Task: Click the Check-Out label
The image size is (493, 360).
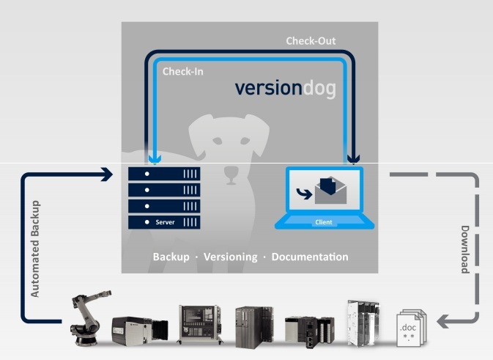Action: point(311,41)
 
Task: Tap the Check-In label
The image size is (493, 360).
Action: point(182,71)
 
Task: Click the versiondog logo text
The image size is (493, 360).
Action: point(286,88)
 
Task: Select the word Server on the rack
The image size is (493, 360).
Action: point(165,222)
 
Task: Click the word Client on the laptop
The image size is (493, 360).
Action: point(324,222)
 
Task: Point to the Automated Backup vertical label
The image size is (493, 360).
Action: point(35,249)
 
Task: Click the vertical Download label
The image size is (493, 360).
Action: point(465,249)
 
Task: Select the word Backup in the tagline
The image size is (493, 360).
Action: point(171,257)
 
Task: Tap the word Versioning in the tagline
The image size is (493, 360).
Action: point(231,257)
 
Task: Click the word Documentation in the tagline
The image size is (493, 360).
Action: point(310,257)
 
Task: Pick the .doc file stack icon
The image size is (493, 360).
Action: point(412,328)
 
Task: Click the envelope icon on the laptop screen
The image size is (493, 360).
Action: point(331,191)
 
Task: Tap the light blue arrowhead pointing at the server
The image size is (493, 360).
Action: point(155,159)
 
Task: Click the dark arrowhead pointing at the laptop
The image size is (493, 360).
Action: point(353,159)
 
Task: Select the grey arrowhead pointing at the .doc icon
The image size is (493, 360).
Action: point(442,321)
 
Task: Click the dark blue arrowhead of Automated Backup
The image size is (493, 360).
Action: point(107,175)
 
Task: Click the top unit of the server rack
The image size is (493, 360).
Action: point(164,174)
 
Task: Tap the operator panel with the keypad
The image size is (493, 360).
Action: point(199,323)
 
